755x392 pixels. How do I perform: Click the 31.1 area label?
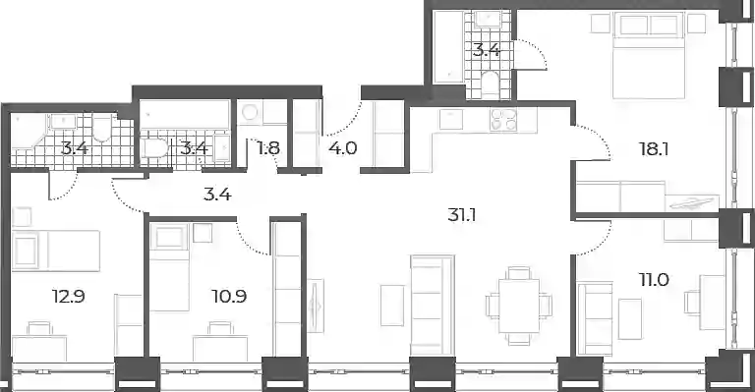[x=462, y=215]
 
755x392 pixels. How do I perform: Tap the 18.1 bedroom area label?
[x=654, y=149]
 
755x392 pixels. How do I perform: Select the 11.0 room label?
[x=654, y=279]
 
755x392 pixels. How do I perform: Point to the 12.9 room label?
[x=69, y=297]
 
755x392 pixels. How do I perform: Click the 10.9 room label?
[x=229, y=297]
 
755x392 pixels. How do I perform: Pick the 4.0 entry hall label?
[x=343, y=148]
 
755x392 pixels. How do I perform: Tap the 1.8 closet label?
[x=268, y=148]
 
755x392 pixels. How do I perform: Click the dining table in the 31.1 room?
[x=519, y=306]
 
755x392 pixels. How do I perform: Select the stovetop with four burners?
[x=503, y=120]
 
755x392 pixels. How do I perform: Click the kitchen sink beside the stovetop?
[x=450, y=119]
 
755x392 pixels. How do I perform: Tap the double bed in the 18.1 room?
[x=649, y=56]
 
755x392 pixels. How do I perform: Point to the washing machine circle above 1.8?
[x=251, y=113]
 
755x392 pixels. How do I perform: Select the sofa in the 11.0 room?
[x=595, y=319]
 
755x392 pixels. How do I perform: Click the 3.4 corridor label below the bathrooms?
[x=217, y=195]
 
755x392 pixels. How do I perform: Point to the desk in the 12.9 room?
[x=39, y=347]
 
